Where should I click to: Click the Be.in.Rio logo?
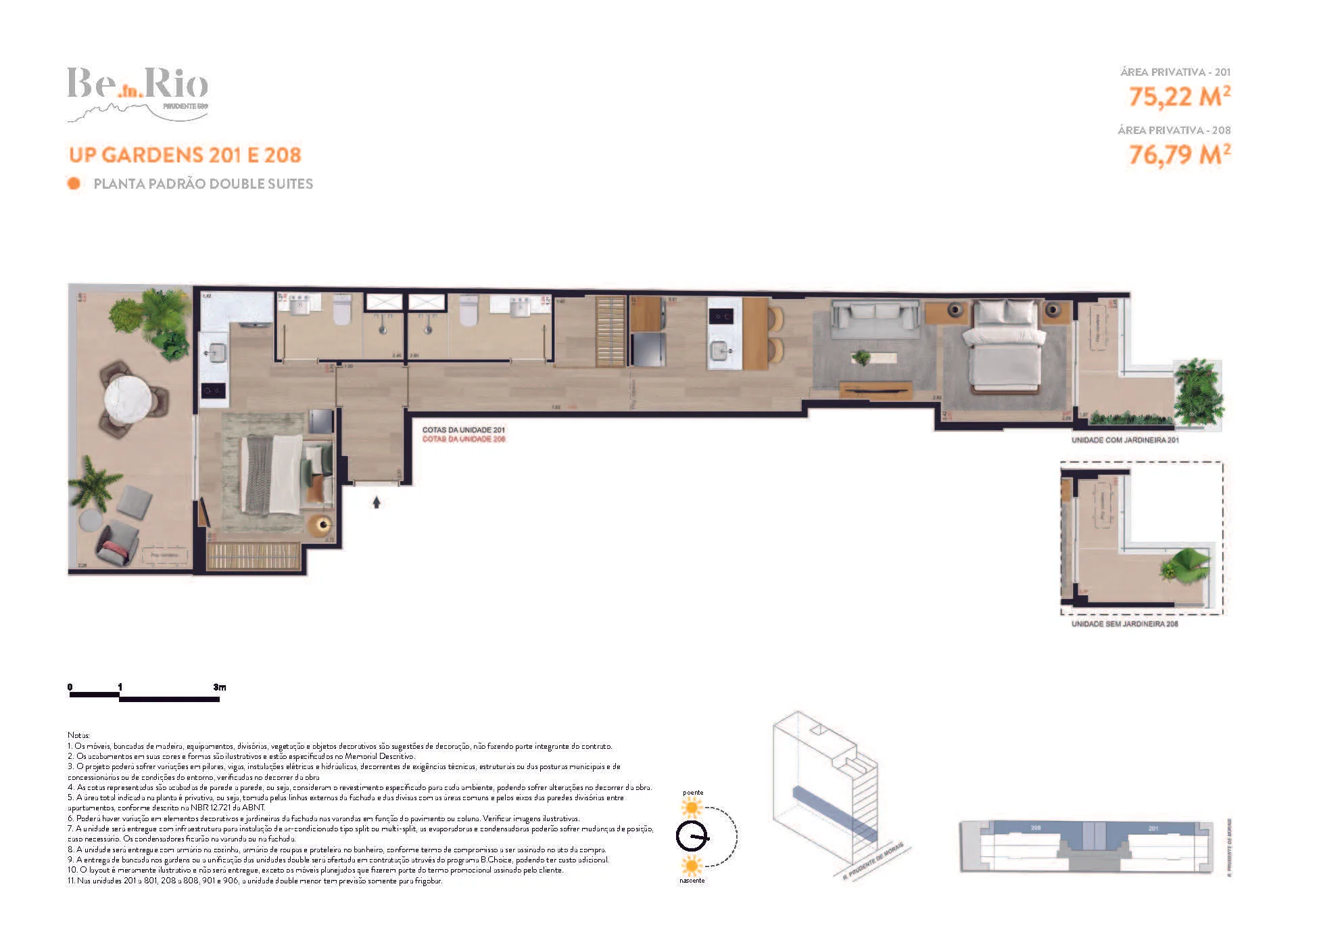[138, 93]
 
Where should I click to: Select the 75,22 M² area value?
[1179, 97]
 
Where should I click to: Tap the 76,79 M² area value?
[1179, 155]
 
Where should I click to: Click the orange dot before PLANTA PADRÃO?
[74, 183]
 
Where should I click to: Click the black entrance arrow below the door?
[377, 503]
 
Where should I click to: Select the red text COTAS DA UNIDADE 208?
[464, 439]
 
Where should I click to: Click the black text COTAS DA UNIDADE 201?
[464, 430]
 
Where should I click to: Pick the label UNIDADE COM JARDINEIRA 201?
[1125, 440]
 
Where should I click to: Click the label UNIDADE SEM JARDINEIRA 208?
[1124, 624]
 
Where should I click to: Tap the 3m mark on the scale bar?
[219, 687]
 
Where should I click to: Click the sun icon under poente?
[692, 808]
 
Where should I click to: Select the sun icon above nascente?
[692, 865]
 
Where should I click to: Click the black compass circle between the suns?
[692, 837]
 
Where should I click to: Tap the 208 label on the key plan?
[1036, 828]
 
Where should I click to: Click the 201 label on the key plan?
[1153, 828]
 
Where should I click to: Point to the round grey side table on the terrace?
[91, 519]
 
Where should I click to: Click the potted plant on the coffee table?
[862, 357]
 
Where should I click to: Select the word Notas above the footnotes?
[78, 735]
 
